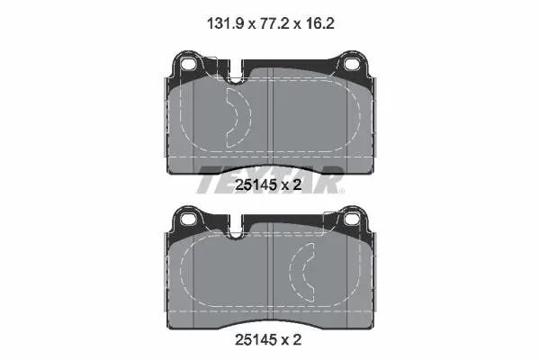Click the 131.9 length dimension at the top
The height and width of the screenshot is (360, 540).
(226, 23)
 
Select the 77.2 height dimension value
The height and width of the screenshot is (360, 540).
(274, 23)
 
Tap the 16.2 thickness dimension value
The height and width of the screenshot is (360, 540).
(319, 23)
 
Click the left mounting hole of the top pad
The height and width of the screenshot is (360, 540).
(188, 64)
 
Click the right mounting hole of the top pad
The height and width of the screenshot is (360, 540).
(352, 64)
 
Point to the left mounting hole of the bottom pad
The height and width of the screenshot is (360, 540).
(188, 219)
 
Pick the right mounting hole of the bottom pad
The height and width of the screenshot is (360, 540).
(352, 219)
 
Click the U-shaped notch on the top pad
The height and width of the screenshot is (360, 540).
(236, 73)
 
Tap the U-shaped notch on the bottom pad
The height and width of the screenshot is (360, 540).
(236, 228)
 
